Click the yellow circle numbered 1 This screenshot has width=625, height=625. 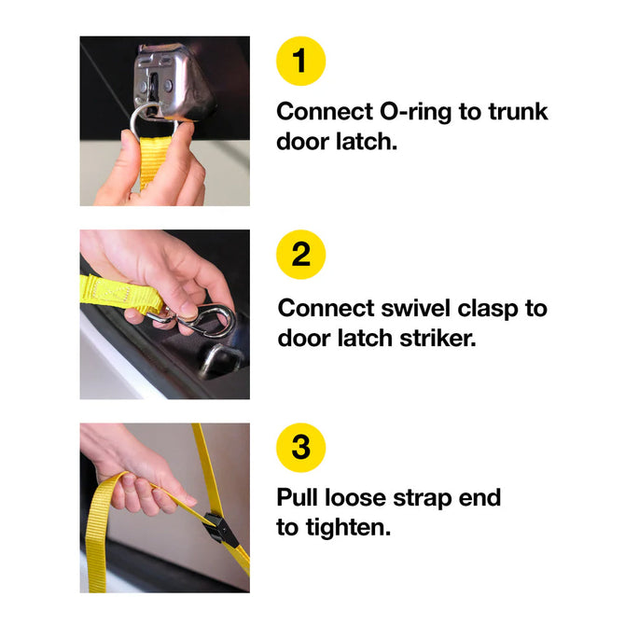(x=301, y=61)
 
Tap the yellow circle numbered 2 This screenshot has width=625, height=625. (x=301, y=255)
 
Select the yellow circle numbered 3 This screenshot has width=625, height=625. (x=301, y=447)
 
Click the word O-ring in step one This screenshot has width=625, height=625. (x=415, y=113)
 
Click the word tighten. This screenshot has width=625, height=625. (x=348, y=529)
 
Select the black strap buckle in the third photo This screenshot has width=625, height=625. (x=218, y=527)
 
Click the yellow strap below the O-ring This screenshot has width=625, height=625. (x=153, y=161)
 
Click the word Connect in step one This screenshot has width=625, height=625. (x=325, y=111)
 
